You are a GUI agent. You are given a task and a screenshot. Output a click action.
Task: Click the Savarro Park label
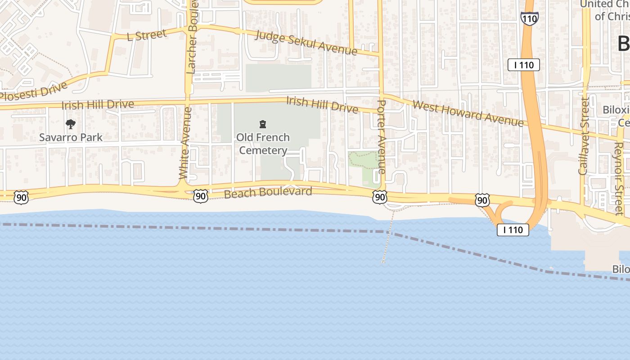71,137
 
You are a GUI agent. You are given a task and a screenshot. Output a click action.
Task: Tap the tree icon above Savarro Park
70,124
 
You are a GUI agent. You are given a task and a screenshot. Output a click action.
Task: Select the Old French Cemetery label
263,144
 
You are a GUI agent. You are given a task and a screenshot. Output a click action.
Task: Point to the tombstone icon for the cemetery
263,124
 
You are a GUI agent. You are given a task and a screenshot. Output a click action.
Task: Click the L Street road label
147,35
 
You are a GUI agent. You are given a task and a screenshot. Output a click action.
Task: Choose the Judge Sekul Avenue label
306,43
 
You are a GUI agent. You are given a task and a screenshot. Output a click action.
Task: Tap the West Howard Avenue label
468,113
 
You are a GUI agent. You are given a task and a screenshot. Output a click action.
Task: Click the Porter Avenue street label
381,137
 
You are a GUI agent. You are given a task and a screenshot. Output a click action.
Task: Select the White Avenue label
185,143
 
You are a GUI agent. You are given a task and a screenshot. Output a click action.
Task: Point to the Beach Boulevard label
268,193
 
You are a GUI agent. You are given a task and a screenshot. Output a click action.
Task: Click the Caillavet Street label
584,136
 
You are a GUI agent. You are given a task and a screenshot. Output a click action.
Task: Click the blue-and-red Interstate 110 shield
529,18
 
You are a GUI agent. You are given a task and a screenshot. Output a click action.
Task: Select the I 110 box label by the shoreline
513,230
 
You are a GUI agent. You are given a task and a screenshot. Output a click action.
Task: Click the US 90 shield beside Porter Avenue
380,197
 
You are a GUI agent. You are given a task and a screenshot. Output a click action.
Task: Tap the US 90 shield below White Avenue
201,195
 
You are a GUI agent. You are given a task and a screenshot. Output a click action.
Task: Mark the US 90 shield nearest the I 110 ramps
482,200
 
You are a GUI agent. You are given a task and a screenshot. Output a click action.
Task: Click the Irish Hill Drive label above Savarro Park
98,105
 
